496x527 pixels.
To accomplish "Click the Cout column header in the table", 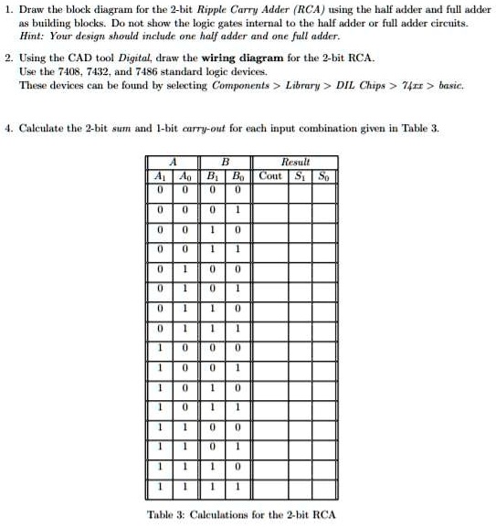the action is pos(270,175).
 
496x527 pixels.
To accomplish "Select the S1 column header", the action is pos(298,175).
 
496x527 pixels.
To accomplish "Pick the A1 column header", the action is pos(161,175).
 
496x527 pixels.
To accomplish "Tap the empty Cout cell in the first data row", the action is pos(270,190).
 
